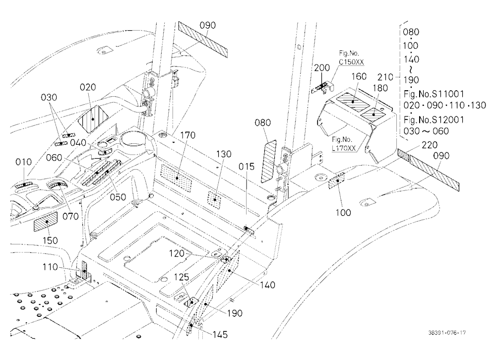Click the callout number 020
pyautogui.click(x=88, y=87)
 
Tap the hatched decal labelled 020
pyautogui.click(x=93, y=119)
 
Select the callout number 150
pyautogui.click(x=50, y=240)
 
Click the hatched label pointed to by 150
pyautogui.click(x=46, y=222)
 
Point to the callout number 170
pyautogui.click(x=187, y=135)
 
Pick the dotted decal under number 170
pyautogui.click(x=176, y=179)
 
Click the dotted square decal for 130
pyautogui.click(x=214, y=200)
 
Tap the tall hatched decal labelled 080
pyautogui.click(x=268, y=161)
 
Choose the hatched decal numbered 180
pyautogui.click(x=373, y=114)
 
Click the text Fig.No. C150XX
pyautogui.click(x=351, y=58)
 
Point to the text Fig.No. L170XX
pyautogui.click(x=344, y=144)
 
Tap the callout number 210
pyautogui.click(x=385, y=77)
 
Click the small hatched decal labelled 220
pyautogui.click(x=403, y=154)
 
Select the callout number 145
pyautogui.click(x=220, y=334)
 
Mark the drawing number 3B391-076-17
pyautogui.click(x=447, y=332)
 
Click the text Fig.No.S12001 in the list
pyautogui.click(x=434, y=120)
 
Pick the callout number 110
pyautogui.click(x=50, y=267)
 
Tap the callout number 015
pyautogui.click(x=247, y=167)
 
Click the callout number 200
pyautogui.click(x=322, y=68)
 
